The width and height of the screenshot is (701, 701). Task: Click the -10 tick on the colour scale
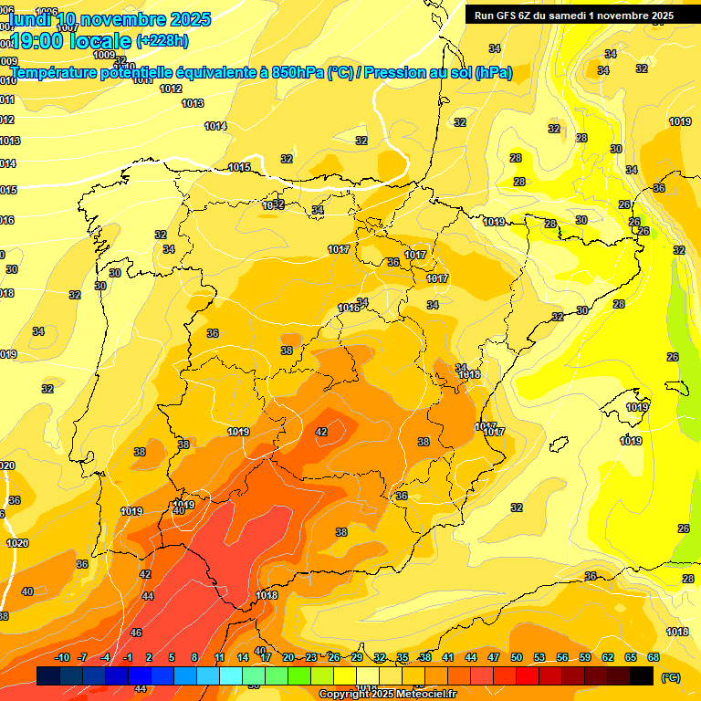62,657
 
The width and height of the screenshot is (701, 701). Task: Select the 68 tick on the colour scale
654,657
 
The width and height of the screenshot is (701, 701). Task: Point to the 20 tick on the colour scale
288,657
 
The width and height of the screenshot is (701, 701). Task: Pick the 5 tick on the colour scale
173,657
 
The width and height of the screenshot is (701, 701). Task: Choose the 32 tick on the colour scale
380,657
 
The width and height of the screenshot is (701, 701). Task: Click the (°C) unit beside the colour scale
670,677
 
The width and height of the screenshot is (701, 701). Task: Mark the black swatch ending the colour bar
642,675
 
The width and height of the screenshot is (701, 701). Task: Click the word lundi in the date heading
28,19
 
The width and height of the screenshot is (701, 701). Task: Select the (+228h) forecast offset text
162,40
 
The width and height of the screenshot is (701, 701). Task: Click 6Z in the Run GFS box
524,16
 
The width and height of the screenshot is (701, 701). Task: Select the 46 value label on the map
136,633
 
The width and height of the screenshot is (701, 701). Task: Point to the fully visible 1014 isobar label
215,126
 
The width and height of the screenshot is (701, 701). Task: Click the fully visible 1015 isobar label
240,167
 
